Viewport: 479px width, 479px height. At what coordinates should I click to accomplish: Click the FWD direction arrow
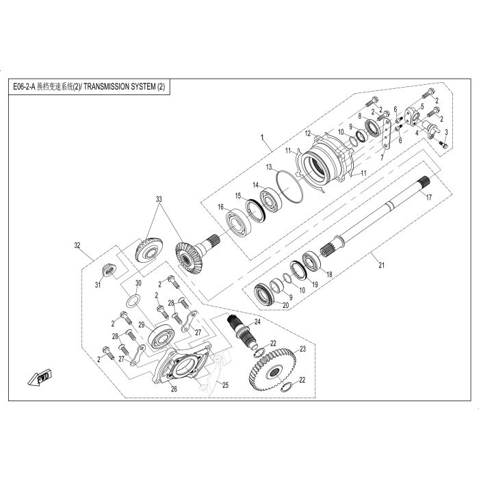click(40, 378)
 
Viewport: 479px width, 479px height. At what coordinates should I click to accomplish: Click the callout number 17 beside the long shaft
click(429, 197)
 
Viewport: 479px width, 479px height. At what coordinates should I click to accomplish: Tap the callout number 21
click(381, 266)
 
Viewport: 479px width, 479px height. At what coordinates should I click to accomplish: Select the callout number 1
click(262, 138)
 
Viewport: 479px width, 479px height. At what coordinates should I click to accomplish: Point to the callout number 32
click(77, 245)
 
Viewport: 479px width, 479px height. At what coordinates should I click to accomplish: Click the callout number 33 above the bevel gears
click(159, 199)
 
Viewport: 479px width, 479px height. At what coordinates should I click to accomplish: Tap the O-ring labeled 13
click(289, 186)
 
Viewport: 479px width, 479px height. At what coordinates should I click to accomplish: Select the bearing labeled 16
click(238, 222)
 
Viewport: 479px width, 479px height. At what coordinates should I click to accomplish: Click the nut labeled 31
click(108, 270)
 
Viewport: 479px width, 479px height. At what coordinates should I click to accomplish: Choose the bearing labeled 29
click(161, 337)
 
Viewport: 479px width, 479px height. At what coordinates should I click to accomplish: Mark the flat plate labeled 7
click(386, 134)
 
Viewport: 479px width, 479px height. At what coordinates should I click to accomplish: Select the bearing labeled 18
click(311, 261)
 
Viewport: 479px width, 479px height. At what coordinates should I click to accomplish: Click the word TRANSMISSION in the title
click(106, 87)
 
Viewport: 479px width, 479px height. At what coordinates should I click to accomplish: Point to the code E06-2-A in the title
click(24, 87)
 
